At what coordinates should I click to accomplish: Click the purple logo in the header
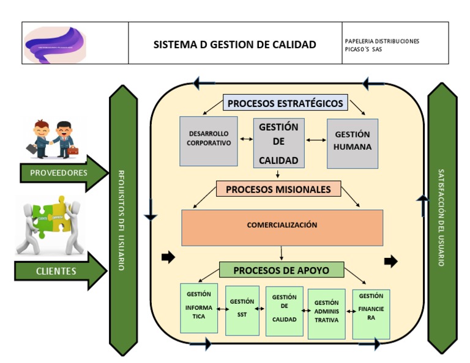coord(55,43)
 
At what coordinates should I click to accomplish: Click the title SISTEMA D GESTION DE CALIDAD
coord(234,44)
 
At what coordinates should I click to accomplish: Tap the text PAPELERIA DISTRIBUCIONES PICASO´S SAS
coord(382,45)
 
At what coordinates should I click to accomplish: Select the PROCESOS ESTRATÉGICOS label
coord(285,103)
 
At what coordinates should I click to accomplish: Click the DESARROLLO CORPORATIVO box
coord(209,140)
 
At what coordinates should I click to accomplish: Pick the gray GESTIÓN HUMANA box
coord(352,142)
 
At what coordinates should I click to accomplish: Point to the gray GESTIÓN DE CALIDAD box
coord(278,143)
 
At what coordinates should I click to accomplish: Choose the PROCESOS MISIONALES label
coord(278,189)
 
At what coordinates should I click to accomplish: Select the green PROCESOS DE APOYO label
coord(281,270)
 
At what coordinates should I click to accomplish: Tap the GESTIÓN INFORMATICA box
coord(199,307)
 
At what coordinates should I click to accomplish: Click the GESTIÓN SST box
coord(242,309)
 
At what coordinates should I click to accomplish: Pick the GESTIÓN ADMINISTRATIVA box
coord(326,313)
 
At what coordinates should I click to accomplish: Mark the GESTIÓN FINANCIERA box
coord(371,313)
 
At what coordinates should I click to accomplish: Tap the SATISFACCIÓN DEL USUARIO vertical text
coord(442,217)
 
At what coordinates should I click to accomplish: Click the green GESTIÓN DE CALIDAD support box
coord(284,310)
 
